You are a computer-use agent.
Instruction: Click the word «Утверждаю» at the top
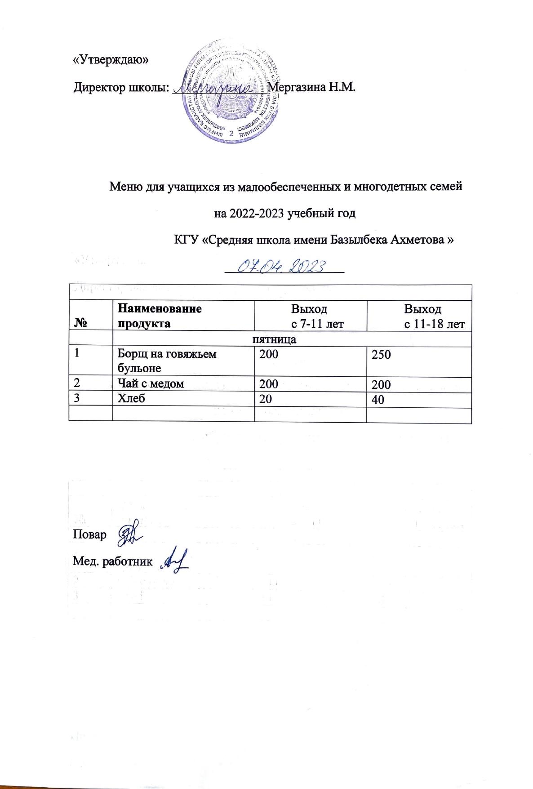[111, 60]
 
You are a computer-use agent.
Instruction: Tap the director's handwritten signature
[215, 88]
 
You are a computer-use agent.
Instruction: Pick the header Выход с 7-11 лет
[309, 316]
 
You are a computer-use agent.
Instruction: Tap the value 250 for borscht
[381, 354]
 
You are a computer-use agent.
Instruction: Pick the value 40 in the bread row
[378, 399]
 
